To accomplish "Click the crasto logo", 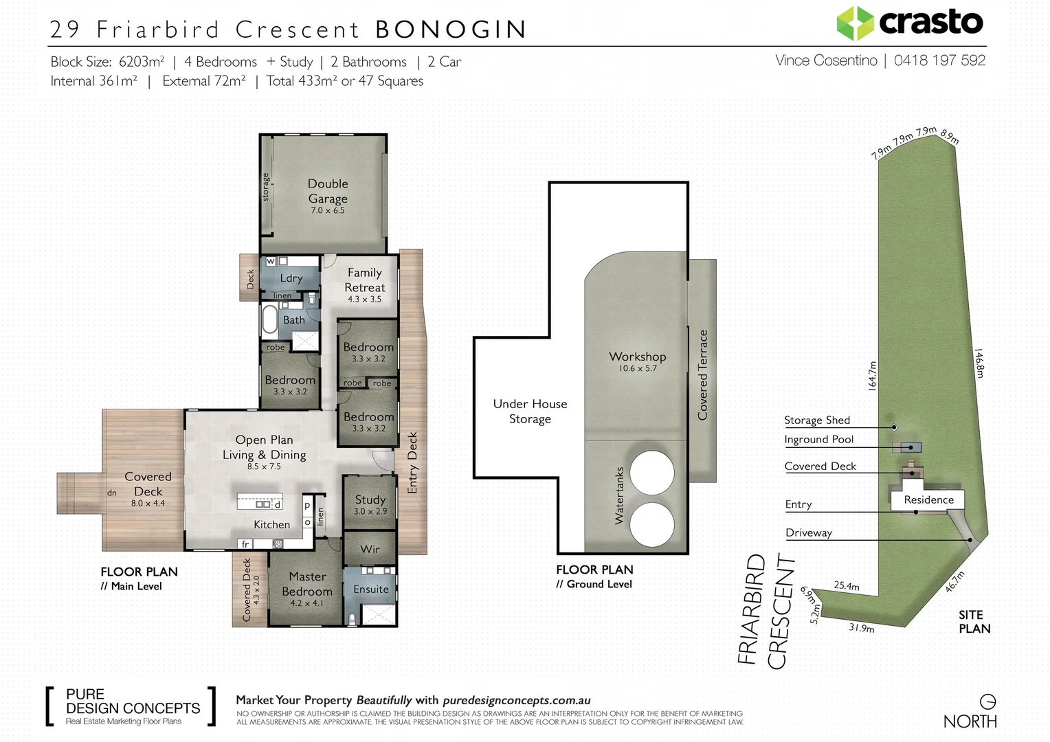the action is (x=910, y=23).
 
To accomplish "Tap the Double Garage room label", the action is (x=328, y=196).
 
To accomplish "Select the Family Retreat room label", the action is (x=365, y=285).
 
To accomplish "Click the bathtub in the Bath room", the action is (x=269, y=319).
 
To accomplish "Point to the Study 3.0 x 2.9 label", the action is (x=370, y=504).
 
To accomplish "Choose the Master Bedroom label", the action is (x=307, y=589).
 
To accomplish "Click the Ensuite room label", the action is (x=371, y=589).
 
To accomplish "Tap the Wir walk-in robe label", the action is (x=370, y=549).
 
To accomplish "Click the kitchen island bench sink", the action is (x=262, y=504).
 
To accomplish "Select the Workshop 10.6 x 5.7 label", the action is (x=638, y=361).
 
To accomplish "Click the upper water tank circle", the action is (x=652, y=473).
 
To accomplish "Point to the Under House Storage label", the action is (x=530, y=411).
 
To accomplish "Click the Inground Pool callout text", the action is (x=818, y=439).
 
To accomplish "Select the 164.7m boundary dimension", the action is (x=872, y=375).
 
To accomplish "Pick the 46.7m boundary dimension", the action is (x=955, y=582).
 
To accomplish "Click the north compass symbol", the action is (x=987, y=701).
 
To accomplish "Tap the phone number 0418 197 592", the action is (x=939, y=60).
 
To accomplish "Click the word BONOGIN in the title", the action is (x=451, y=29).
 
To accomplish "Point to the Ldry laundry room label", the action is (x=291, y=278).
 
